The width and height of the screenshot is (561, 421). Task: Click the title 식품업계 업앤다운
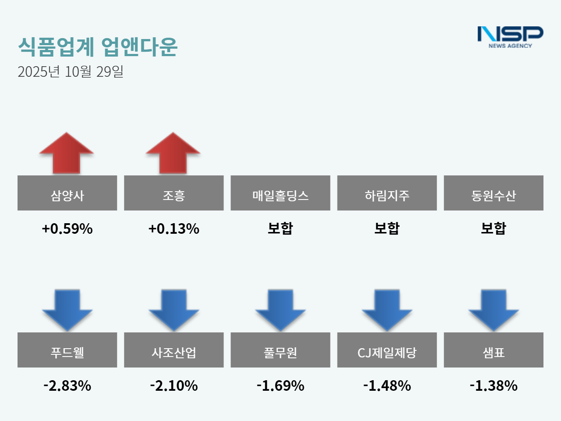98,46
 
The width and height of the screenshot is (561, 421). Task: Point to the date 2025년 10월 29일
71,71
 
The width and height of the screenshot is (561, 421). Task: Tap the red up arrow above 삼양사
67,153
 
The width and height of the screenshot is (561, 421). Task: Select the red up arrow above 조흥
173,153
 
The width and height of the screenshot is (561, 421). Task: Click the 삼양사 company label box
67,193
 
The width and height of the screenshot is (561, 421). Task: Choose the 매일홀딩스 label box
280,193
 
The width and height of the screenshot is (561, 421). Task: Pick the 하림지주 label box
387,193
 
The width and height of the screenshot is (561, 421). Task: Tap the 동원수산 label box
494,193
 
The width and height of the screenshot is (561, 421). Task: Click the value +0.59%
67,228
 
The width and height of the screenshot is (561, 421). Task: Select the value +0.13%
174,228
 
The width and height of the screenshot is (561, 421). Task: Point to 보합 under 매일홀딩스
280,228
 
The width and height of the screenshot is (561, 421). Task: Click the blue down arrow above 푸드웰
67,310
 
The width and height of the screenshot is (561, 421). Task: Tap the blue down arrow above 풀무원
280,310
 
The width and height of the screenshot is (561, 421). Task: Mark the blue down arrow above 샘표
494,310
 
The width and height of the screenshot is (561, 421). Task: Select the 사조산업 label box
174,350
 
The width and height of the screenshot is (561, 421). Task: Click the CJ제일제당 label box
387,350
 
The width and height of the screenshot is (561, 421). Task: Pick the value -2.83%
67,385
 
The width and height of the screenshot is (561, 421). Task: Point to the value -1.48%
387,385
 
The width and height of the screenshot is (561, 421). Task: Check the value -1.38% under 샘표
494,385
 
